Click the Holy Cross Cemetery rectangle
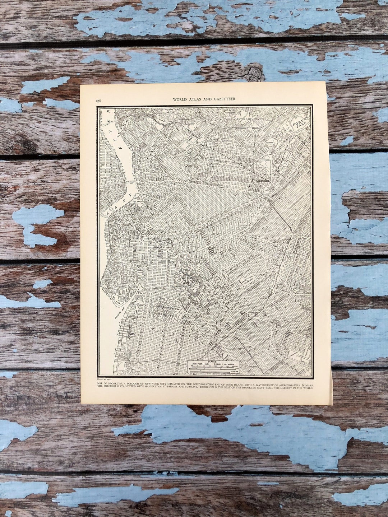[248, 280]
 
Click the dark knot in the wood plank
[254, 72]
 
